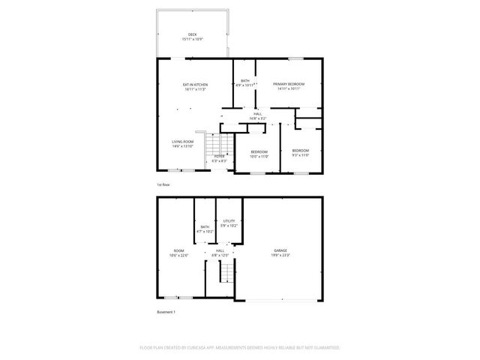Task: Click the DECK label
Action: pyautogui.click(x=192, y=34)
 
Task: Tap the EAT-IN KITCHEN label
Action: pyautogui.click(x=195, y=85)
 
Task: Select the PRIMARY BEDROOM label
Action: pyautogui.click(x=288, y=84)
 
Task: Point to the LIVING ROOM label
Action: pyautogui.click(x=183, y=142)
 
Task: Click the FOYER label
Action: pyautogui.click(x=219, y=156)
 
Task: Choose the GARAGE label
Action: pyautogui.click(x=280, y=250)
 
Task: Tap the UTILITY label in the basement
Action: pyautogui.click(x=229, y=220)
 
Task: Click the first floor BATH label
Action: pyautogui.click(x=244, y=81)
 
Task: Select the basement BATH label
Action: pyautogui.click(x=205, y=227)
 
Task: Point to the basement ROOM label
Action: pyautogui.click(x=179, y=250)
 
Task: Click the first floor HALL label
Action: pyautogui.click(x=257, y=114)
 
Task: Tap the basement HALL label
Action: pyautogui.click(x=220, y=250)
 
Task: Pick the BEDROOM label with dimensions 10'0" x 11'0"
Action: pyautogui.click(x=258, y=151)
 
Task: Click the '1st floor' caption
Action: pyautogui.click(x=164, y=184)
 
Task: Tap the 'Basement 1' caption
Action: pyautogui.click(x=166, y=311)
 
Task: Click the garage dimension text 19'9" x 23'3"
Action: pyautogui.click(x=280, y=256)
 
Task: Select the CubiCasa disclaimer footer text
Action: pyautogui.click(x=240, y=348)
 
